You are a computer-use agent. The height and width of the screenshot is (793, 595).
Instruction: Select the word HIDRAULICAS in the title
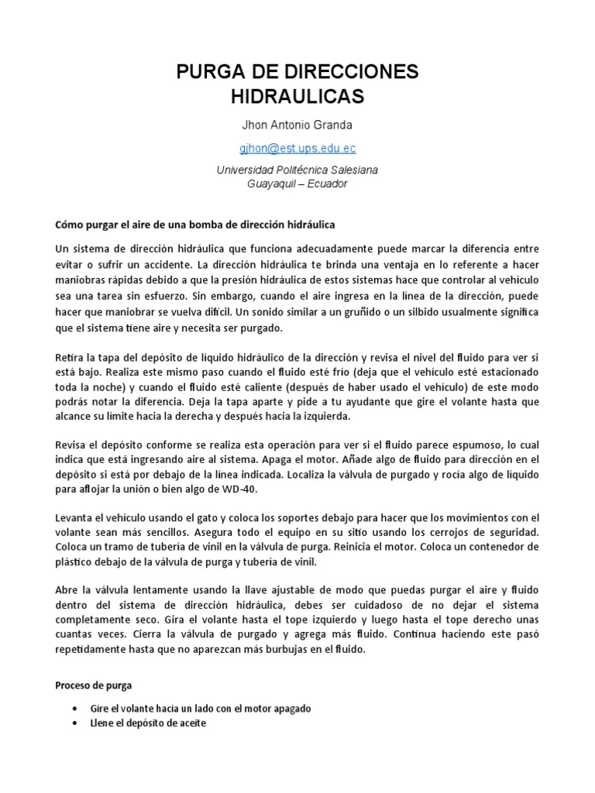click(x=297, y=97)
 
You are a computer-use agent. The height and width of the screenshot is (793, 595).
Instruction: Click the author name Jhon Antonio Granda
click(x=297, y=125)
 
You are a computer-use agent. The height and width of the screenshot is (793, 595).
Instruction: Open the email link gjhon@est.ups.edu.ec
click(x=297, y=148)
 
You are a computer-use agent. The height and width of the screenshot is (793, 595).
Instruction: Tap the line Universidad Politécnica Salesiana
click(x=297, y=170)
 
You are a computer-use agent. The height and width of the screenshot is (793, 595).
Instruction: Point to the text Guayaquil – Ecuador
click(x=297, y=184)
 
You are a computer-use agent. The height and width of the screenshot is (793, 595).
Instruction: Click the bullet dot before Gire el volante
click(x=74, y=709)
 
